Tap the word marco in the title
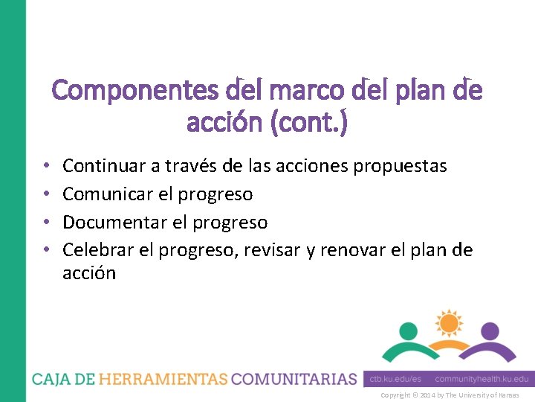[x=299, y=92]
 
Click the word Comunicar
[x=108, y=194]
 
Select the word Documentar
[x=113, y=223]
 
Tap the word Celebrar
[x=98, y=251]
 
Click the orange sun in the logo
[x=448, y=322]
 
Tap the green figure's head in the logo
[x=409, y=331]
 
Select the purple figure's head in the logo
[x=488, y=331]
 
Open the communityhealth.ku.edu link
[x=481, y=379]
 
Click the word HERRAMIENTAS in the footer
[x=163, y=379]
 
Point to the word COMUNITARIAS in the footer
[x=294, y=379]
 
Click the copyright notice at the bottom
[x=450, y=395]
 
